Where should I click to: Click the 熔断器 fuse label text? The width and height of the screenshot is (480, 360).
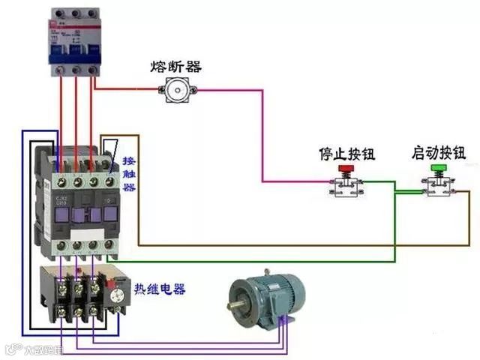pyautogui.click(x=177, y=67)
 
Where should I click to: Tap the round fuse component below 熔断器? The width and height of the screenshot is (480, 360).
pyautogui.click(x=177, y=91)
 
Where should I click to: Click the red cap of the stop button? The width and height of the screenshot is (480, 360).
pyautogui.click(x=346, y=170)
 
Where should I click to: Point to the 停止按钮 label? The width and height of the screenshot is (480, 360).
pyautogui.click(x=346, y=154)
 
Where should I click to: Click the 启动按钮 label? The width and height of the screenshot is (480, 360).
pyautogui.click(x=438, y=153)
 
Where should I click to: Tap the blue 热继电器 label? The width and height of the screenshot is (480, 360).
pyautogui.click(x=160, y=289)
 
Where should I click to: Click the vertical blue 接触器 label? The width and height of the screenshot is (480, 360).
pyautogui.click(x=129, y=175)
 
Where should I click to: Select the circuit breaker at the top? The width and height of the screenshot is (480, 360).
pyautogui.click(x=75, y=41)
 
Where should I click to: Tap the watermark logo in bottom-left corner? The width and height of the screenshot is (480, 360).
pyautogui.click(x=34, y=349)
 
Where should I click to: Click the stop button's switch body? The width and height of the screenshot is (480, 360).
pyautogui.click(x=346, y=187)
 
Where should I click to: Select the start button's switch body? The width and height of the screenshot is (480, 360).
pyautogui.click(x=438, y=186)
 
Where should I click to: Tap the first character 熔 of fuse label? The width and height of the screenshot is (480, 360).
pyautogui.click(x=159, y=67)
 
